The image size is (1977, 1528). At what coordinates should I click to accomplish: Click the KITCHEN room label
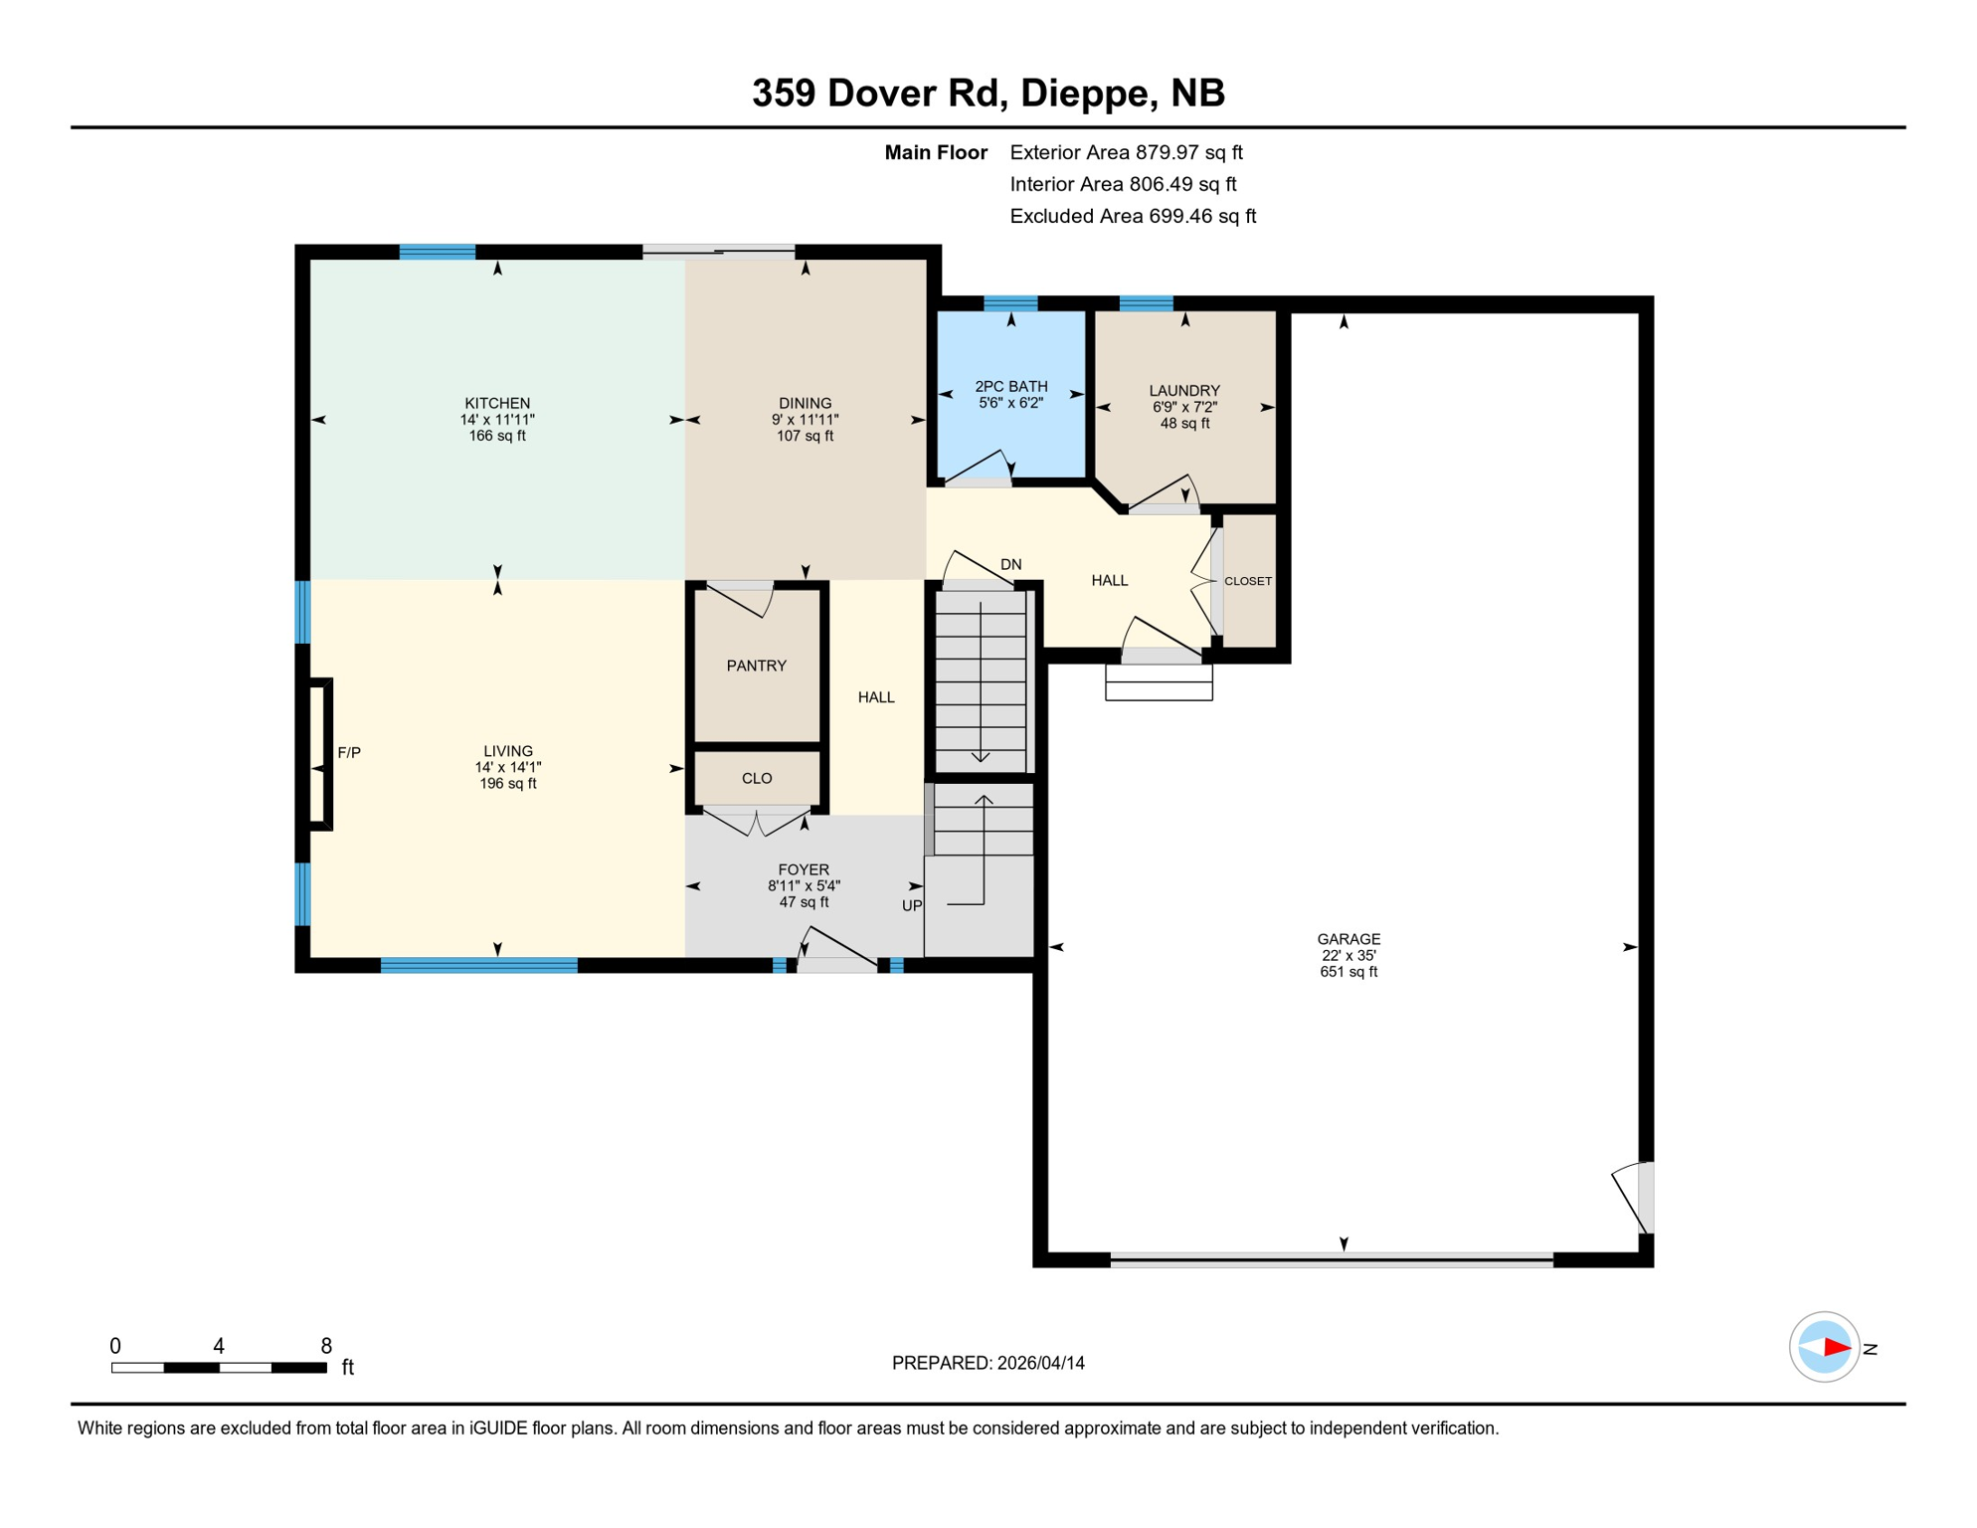(497, 403)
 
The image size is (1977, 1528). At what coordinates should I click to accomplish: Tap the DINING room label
(805, 403)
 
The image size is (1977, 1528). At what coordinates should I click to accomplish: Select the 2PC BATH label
(1010, 386)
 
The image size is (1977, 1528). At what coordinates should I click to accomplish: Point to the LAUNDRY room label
(1183, 391)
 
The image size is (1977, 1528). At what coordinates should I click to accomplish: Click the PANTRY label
(756, 666)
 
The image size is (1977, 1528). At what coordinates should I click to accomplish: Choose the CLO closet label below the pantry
(756, 778)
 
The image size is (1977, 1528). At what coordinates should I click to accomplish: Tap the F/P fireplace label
(349, 753)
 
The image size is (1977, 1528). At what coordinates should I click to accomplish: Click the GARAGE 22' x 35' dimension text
(1348, 955)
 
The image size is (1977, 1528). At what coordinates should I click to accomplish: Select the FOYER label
(803, 869)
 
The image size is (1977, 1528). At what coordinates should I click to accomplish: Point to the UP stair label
(911, 905)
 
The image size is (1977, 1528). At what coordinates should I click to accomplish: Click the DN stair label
(1010, 564)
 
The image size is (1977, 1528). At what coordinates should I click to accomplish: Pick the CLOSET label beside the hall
(1247, 581)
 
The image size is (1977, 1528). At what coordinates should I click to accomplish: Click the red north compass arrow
(1836, 1348)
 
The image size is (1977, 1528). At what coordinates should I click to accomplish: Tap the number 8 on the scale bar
(326, 1346)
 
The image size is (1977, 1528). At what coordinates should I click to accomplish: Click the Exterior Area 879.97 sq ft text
(1126, 152)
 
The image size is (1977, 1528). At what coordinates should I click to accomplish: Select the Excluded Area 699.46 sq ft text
(1132, 216)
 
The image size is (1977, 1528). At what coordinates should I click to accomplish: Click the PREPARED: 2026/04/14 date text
(988, 1363)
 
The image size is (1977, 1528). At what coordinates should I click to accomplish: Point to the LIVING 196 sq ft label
(507, 783)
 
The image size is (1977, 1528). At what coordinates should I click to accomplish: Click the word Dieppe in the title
(1085, 93)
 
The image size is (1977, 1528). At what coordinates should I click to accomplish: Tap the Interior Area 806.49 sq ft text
(1123, 184)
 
